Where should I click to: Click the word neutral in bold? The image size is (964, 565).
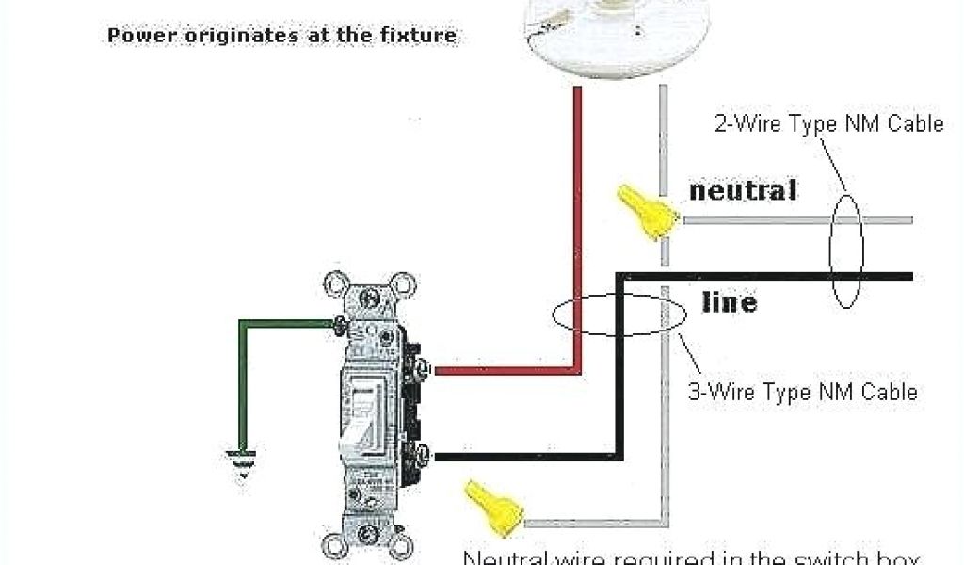pyautogui.click(x=743, y=190)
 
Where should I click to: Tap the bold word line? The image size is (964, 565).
pyautogui.click(x=729, y=302)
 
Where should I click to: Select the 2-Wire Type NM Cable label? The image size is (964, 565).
pyautogui.click(x=828, y=123)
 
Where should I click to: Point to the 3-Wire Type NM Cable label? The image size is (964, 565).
pyautogui.click(x=802, y=392)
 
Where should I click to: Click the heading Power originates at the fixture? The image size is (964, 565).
pyautogui.click(x=281, y=37)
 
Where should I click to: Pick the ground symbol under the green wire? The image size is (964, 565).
pyautogui.click(x=243, y=464)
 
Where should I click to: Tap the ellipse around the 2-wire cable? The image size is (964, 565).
pyautogui.click(x=845, y=250)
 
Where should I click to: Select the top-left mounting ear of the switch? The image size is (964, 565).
pyautogui.click(x=335, y=284)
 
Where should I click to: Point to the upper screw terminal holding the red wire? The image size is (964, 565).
pyautogui.click(x=422, y=368)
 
